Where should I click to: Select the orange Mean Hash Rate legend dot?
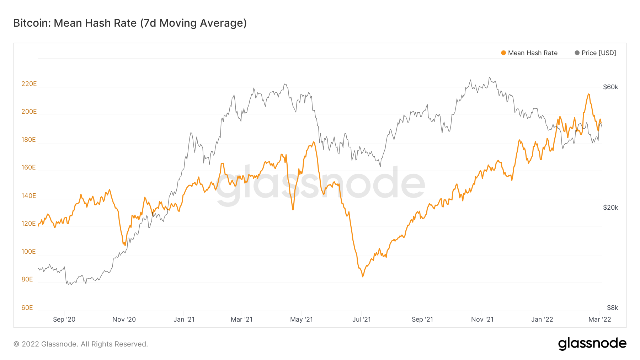(503, 53)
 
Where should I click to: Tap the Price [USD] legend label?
(599, 53)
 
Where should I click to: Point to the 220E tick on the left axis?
(29, 84)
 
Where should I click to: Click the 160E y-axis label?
(28, 167)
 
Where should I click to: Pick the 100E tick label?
(28, 252)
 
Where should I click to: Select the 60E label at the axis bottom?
(27, 308)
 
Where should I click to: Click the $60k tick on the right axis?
(610, 87)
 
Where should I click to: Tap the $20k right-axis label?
(610, 208)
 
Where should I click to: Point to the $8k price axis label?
(612, 308)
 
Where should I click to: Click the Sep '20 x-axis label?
(64, 319)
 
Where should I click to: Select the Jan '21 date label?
(184, 319)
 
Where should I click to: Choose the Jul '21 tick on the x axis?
(361, 319)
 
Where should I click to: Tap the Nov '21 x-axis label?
(482, 319)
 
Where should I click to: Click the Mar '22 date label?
(599, 319)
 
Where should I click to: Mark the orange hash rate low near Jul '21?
(363, 276)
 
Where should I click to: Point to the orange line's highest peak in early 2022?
(588, 94)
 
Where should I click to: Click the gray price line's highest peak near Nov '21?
(489, 77)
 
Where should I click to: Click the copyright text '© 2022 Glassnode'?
(80, 344)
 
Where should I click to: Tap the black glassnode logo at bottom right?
(592, 344)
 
